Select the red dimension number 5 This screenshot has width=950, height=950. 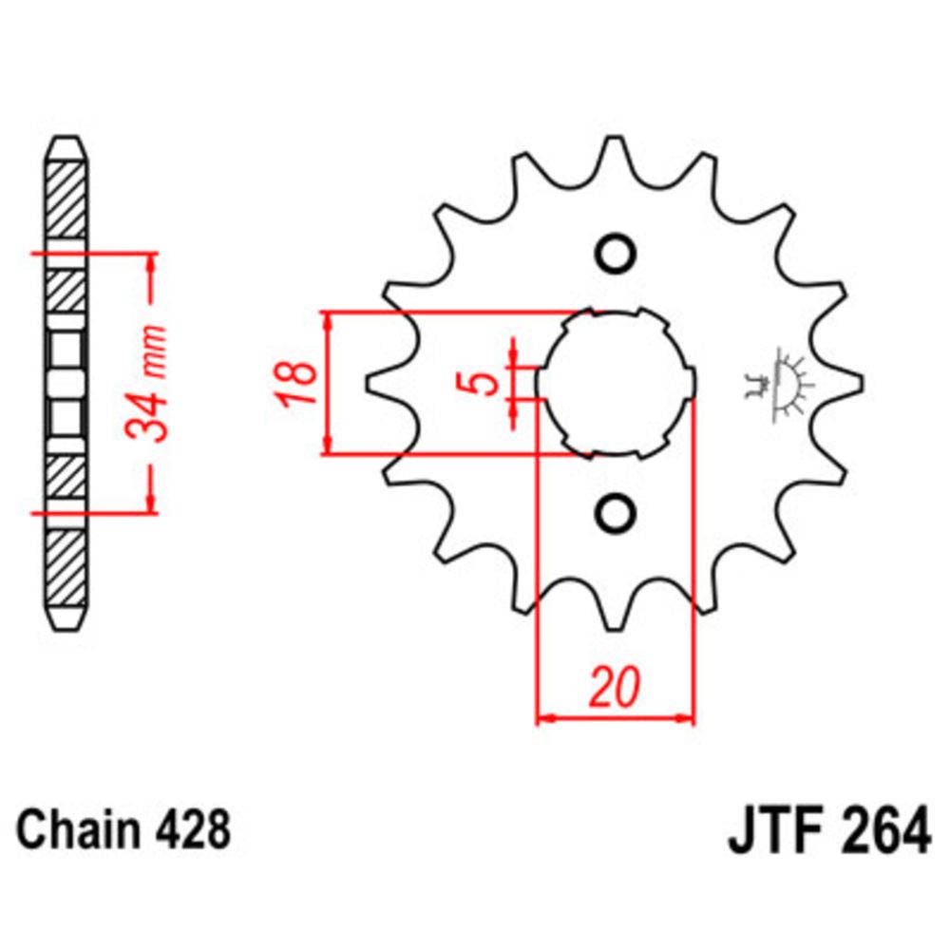click(484, 383)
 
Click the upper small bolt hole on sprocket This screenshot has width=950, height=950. click(614, 254)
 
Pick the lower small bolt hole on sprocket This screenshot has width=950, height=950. click(614, 513)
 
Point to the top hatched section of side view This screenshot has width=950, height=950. click(67, 199)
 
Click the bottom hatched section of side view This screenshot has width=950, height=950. click(67, 570)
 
